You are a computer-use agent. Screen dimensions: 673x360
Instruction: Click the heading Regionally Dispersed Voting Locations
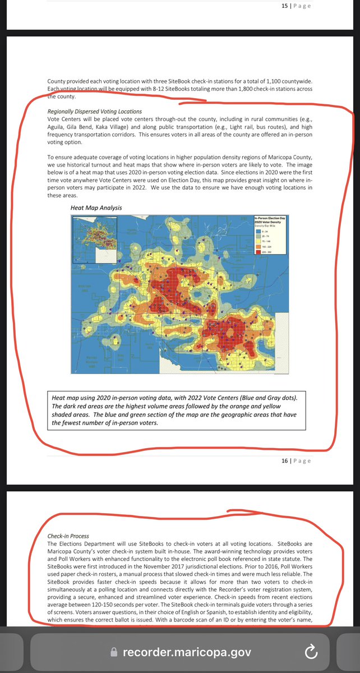[x=95, y=111]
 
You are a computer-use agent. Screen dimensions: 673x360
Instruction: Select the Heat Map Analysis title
[x=96, y=208]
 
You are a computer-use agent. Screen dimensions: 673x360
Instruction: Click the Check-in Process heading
[x=68, y=536]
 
